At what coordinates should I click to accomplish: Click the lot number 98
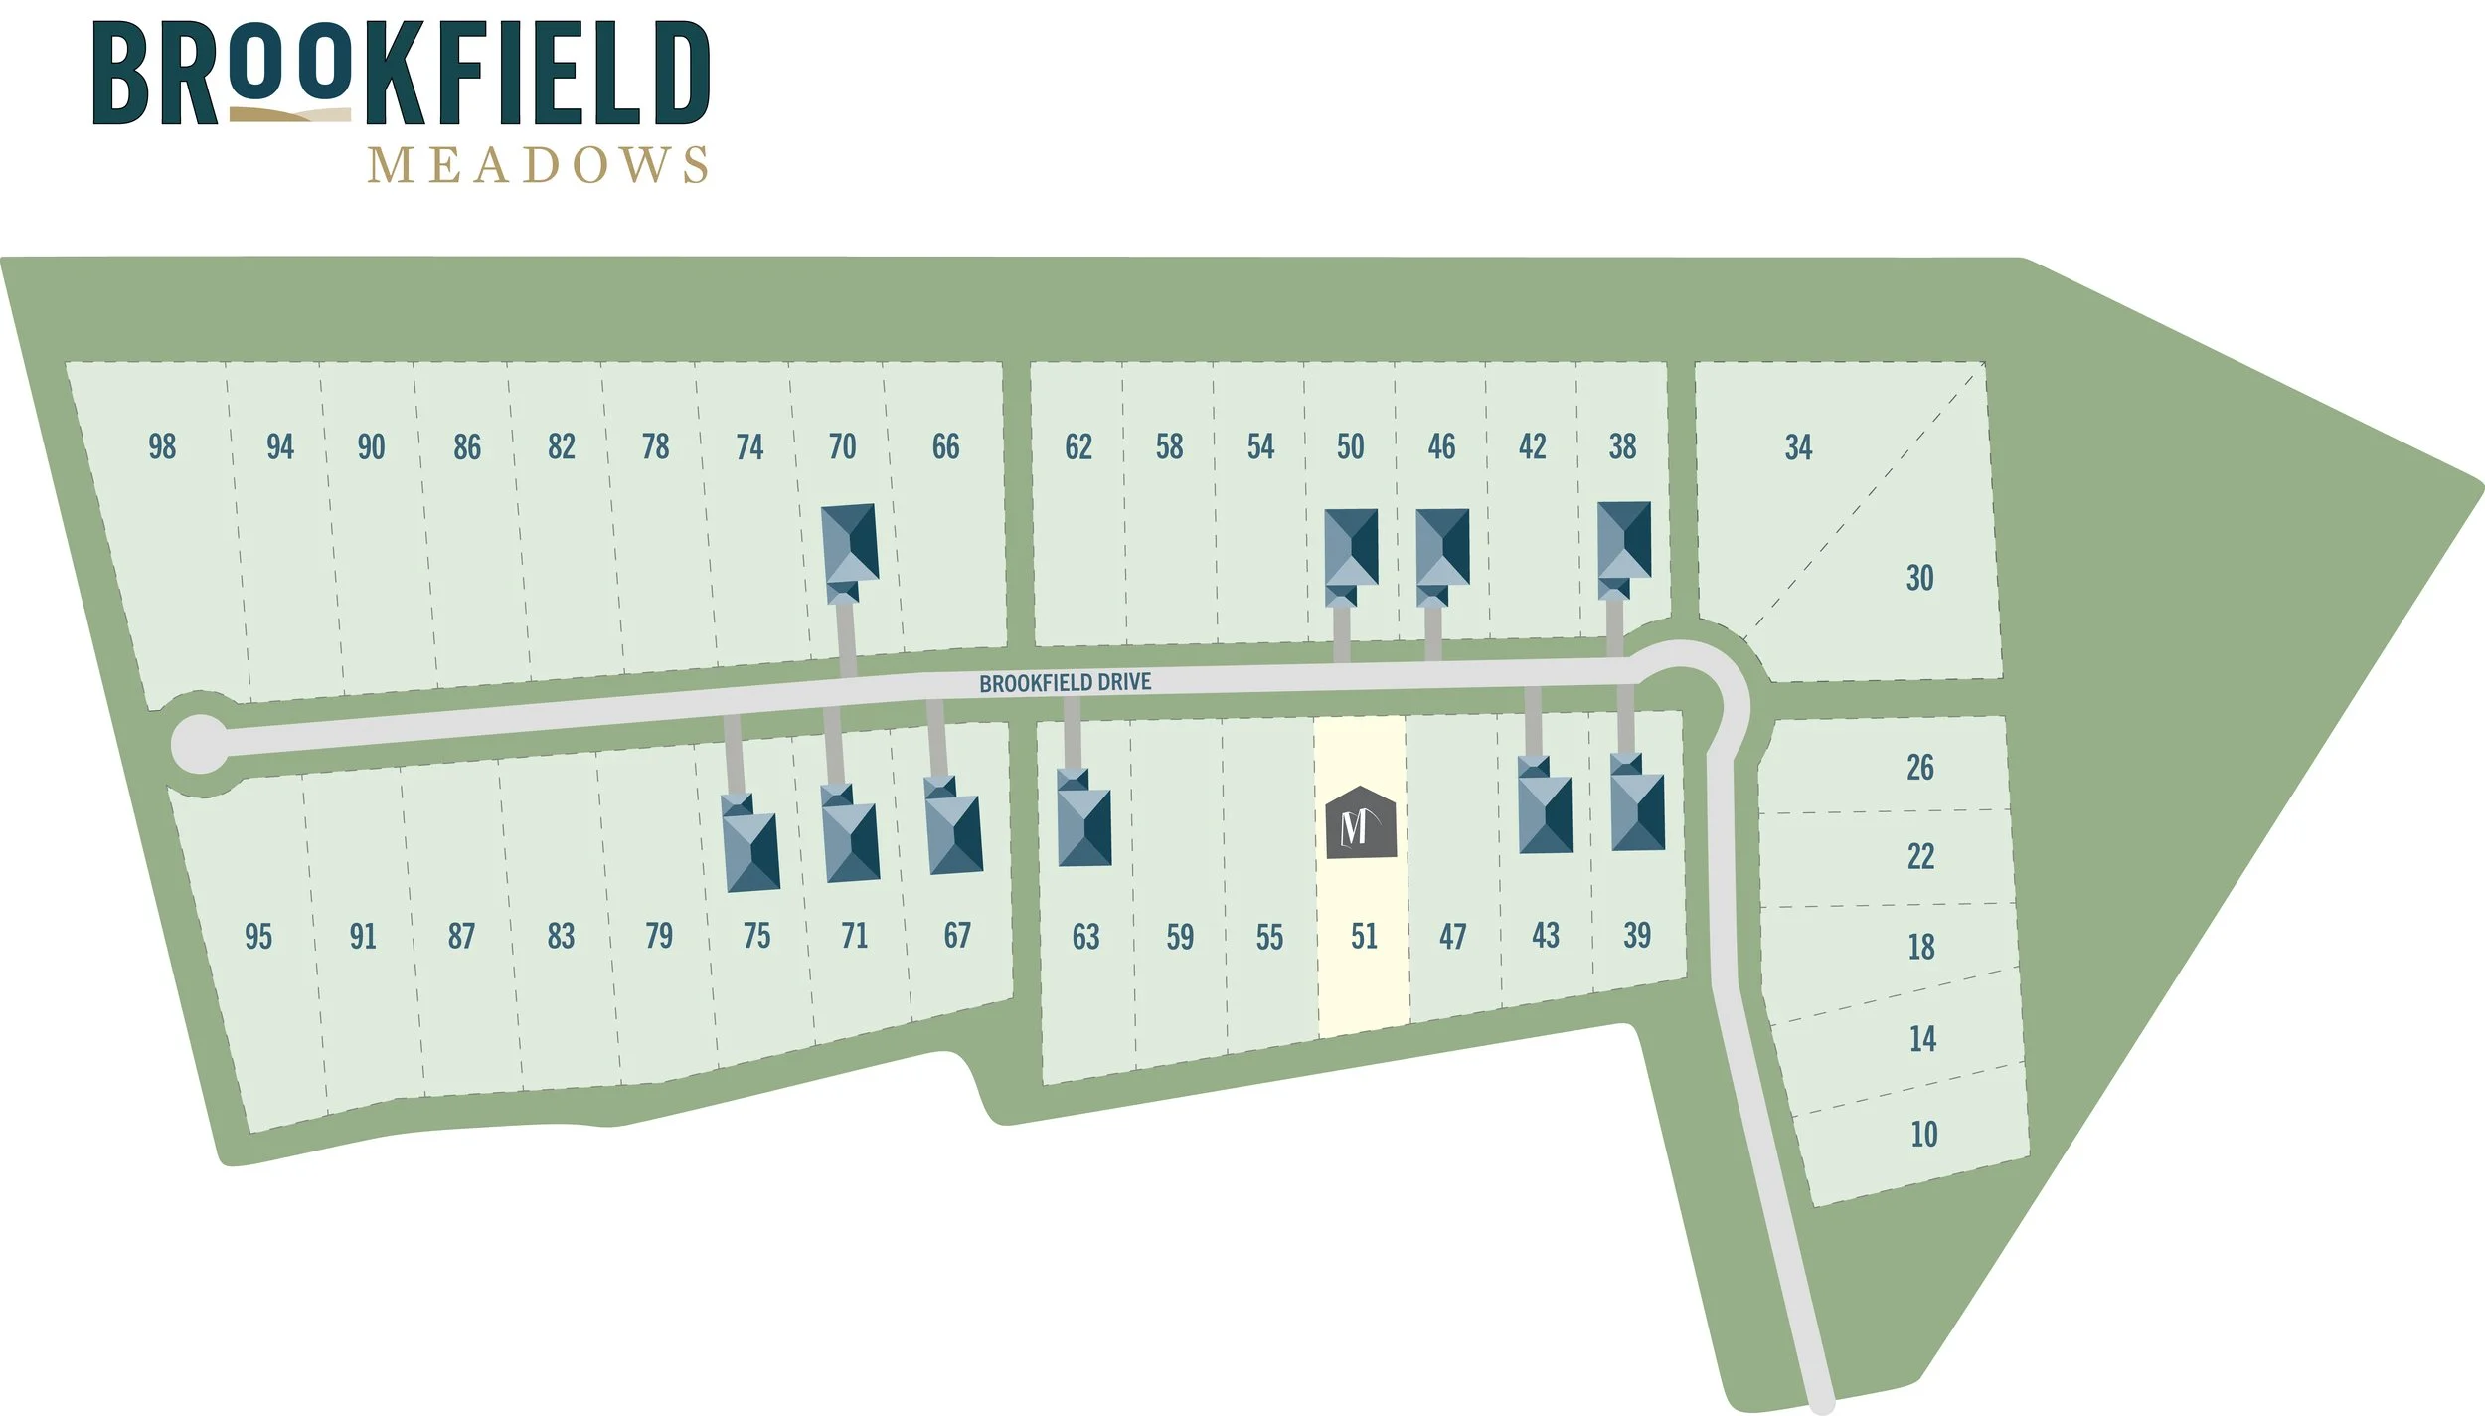tap(162, 446)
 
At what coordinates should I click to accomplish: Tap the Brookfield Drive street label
tap(1065, 683)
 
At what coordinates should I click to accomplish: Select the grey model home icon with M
tap(1361, 822)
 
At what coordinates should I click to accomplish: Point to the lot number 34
tap(1798, 447)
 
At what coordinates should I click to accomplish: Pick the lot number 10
tap(1923, 1134)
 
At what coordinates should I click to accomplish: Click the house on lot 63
tap(1082, 823)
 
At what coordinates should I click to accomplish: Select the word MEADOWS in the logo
tap(538, 165)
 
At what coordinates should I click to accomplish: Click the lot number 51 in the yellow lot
tap(1364, 936)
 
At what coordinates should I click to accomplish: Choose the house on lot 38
tap(1624, 547)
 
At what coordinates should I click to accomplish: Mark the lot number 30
tap(1919, 578)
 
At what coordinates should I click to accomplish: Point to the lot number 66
tap(945, 446)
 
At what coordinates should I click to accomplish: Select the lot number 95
tap(257, 936)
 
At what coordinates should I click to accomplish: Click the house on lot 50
tap(1351, 553)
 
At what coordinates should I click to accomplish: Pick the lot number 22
tap(1920, 856)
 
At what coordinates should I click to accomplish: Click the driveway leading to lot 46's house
tap(1432, 632)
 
